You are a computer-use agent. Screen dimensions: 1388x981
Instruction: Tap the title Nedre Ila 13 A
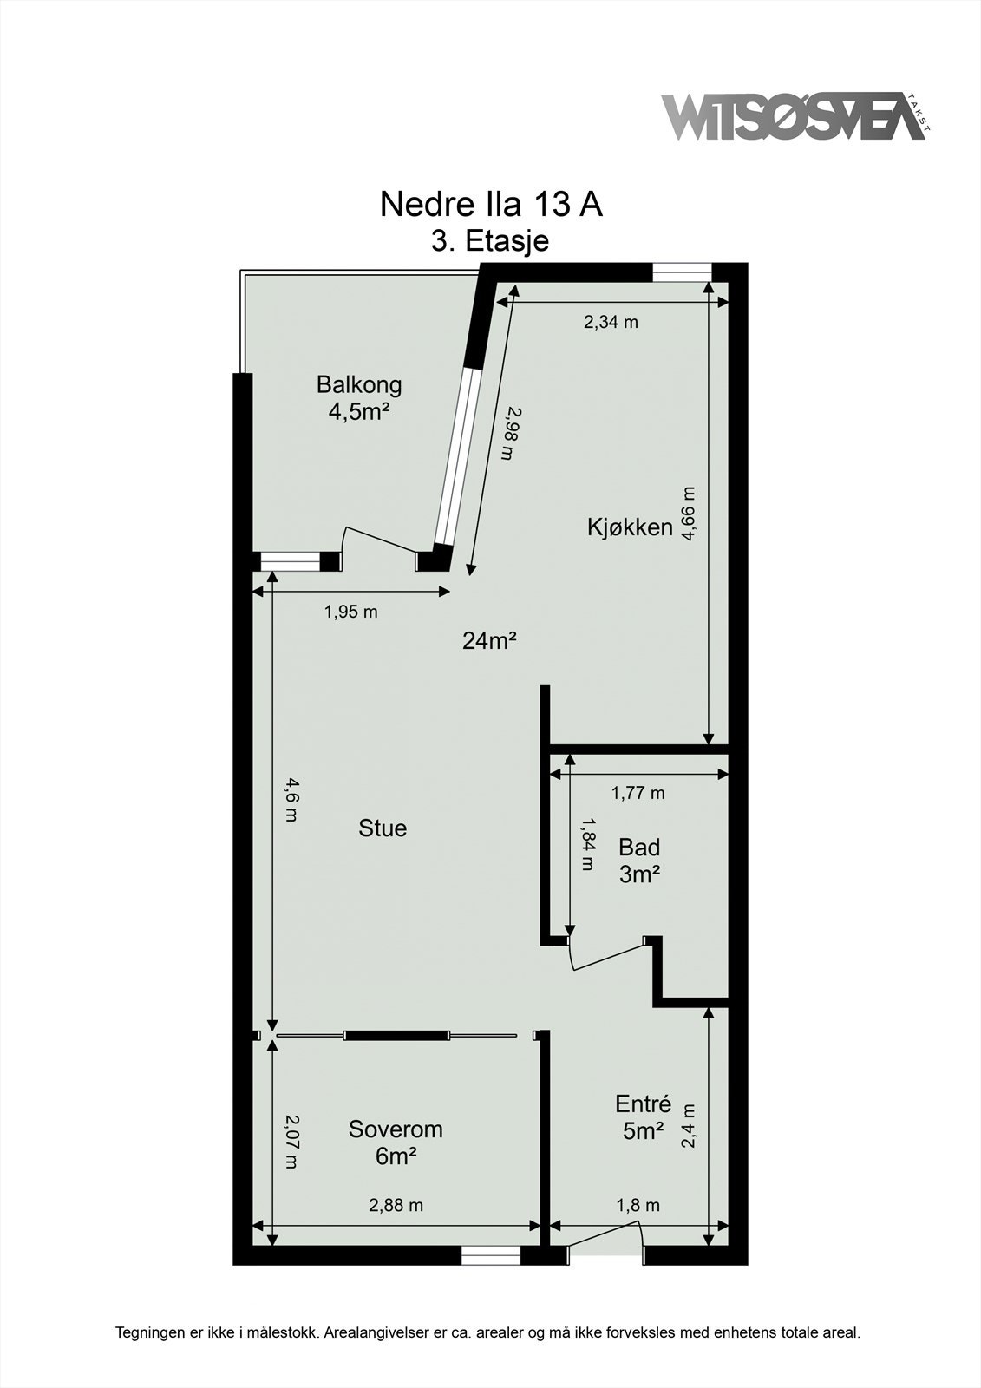point(490,205)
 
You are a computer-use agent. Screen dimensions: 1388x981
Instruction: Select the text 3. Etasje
point(490,240)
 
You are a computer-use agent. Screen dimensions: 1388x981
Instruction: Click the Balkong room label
point(358,383)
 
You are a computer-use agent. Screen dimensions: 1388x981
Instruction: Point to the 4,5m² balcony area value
point(356,411)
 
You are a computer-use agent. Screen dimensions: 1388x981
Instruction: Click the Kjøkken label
point(630,527)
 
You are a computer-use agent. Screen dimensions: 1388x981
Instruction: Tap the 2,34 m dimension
point(611,323)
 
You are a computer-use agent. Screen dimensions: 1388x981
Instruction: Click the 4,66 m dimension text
point(689,514)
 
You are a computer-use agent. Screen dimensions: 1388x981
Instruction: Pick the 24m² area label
point(489,641)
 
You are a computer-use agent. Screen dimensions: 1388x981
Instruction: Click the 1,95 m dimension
point(350,612)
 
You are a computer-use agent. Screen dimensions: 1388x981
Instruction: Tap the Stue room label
point(383,828)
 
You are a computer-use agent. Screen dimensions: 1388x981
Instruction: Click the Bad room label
point(639,847)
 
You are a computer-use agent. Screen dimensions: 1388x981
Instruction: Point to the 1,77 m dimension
point(638,793)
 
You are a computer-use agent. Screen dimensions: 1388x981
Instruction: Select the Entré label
point(643,1104)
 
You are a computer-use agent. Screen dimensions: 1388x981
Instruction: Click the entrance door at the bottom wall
point(605,1239)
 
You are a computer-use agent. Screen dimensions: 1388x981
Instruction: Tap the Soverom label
point(396,1129)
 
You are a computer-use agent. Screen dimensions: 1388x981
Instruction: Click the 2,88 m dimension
point(396,1205)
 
